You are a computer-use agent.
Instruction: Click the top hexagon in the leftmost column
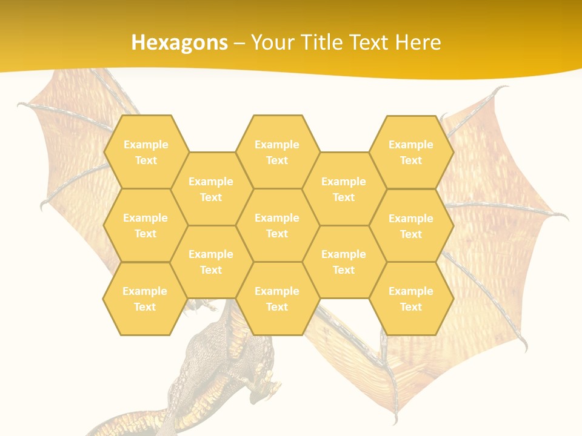(x=145, y=152)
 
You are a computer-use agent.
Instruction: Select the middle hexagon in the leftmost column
(x=145, y=225)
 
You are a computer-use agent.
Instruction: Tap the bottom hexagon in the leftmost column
(x=145, y=299)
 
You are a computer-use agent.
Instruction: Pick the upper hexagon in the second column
(x=211, y=189)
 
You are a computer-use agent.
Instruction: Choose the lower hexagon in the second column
(x=211, y=262)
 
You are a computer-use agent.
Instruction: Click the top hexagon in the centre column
(x=277, y=152)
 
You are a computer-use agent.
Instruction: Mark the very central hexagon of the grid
(x=277, y=225)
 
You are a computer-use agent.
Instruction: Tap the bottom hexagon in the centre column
(x=277, y=299)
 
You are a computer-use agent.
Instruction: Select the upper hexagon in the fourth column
(x=344, y=189)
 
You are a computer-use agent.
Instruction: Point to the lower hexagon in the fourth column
(x=344, y=262)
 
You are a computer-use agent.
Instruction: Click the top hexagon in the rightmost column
(x=411, y=152)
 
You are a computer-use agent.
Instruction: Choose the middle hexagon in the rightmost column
(x=411, y=226)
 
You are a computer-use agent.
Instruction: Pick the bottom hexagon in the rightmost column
(x=411, y=299)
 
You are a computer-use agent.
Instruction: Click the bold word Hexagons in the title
(x=179, y=42)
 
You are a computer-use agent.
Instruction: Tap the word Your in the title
(x=270, y=42)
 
